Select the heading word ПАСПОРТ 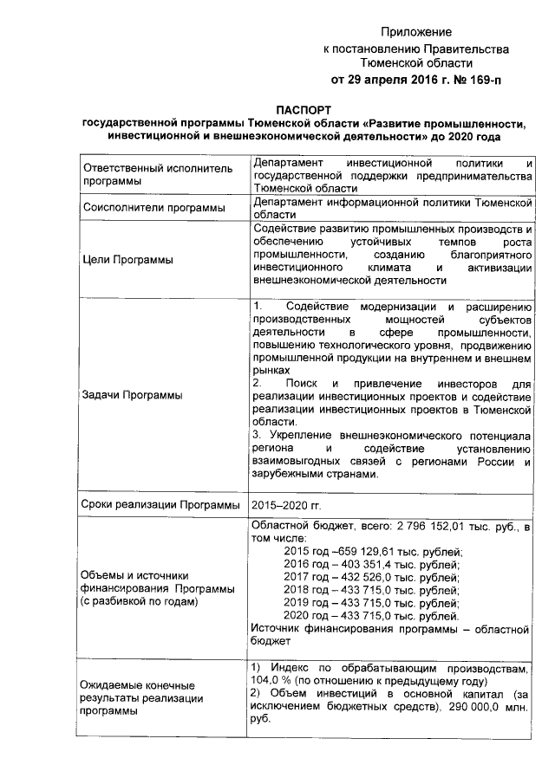point(304,110)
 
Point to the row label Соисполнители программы point(141,208)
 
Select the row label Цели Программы point(127,260)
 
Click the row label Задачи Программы point(131,395)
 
